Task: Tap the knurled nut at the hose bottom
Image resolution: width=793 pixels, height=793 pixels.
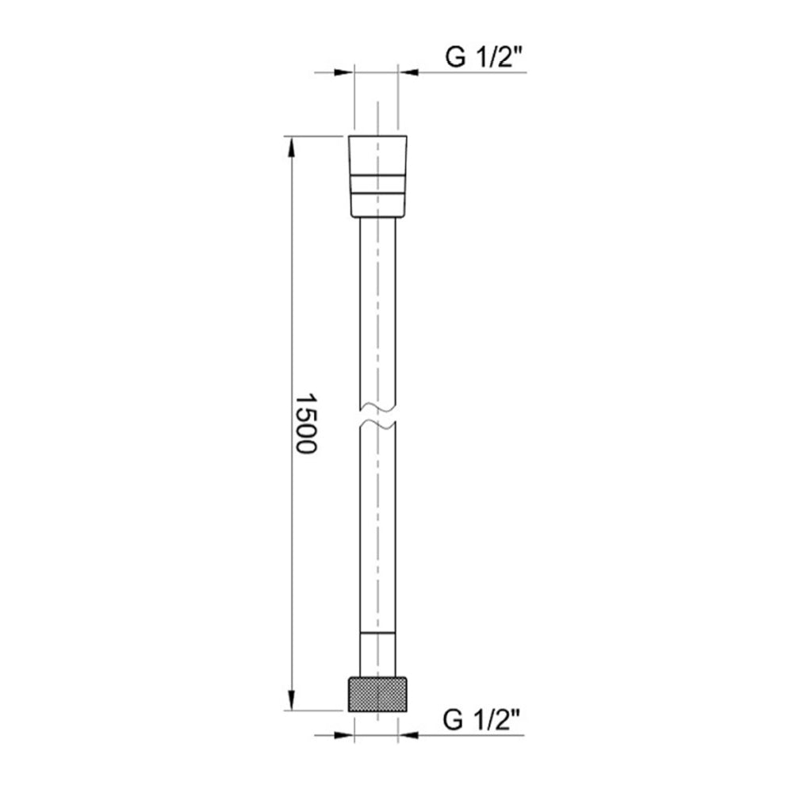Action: click(377, 694)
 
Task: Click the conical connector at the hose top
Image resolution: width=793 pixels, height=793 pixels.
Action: click(377, 176)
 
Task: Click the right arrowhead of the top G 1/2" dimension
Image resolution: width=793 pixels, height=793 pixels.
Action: click(408, 73)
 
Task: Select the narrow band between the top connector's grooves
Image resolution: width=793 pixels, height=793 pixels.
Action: click(377, 181)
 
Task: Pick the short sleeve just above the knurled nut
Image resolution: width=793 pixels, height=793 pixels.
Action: click(377, 654)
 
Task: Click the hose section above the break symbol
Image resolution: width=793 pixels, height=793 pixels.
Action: click(377, 317)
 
